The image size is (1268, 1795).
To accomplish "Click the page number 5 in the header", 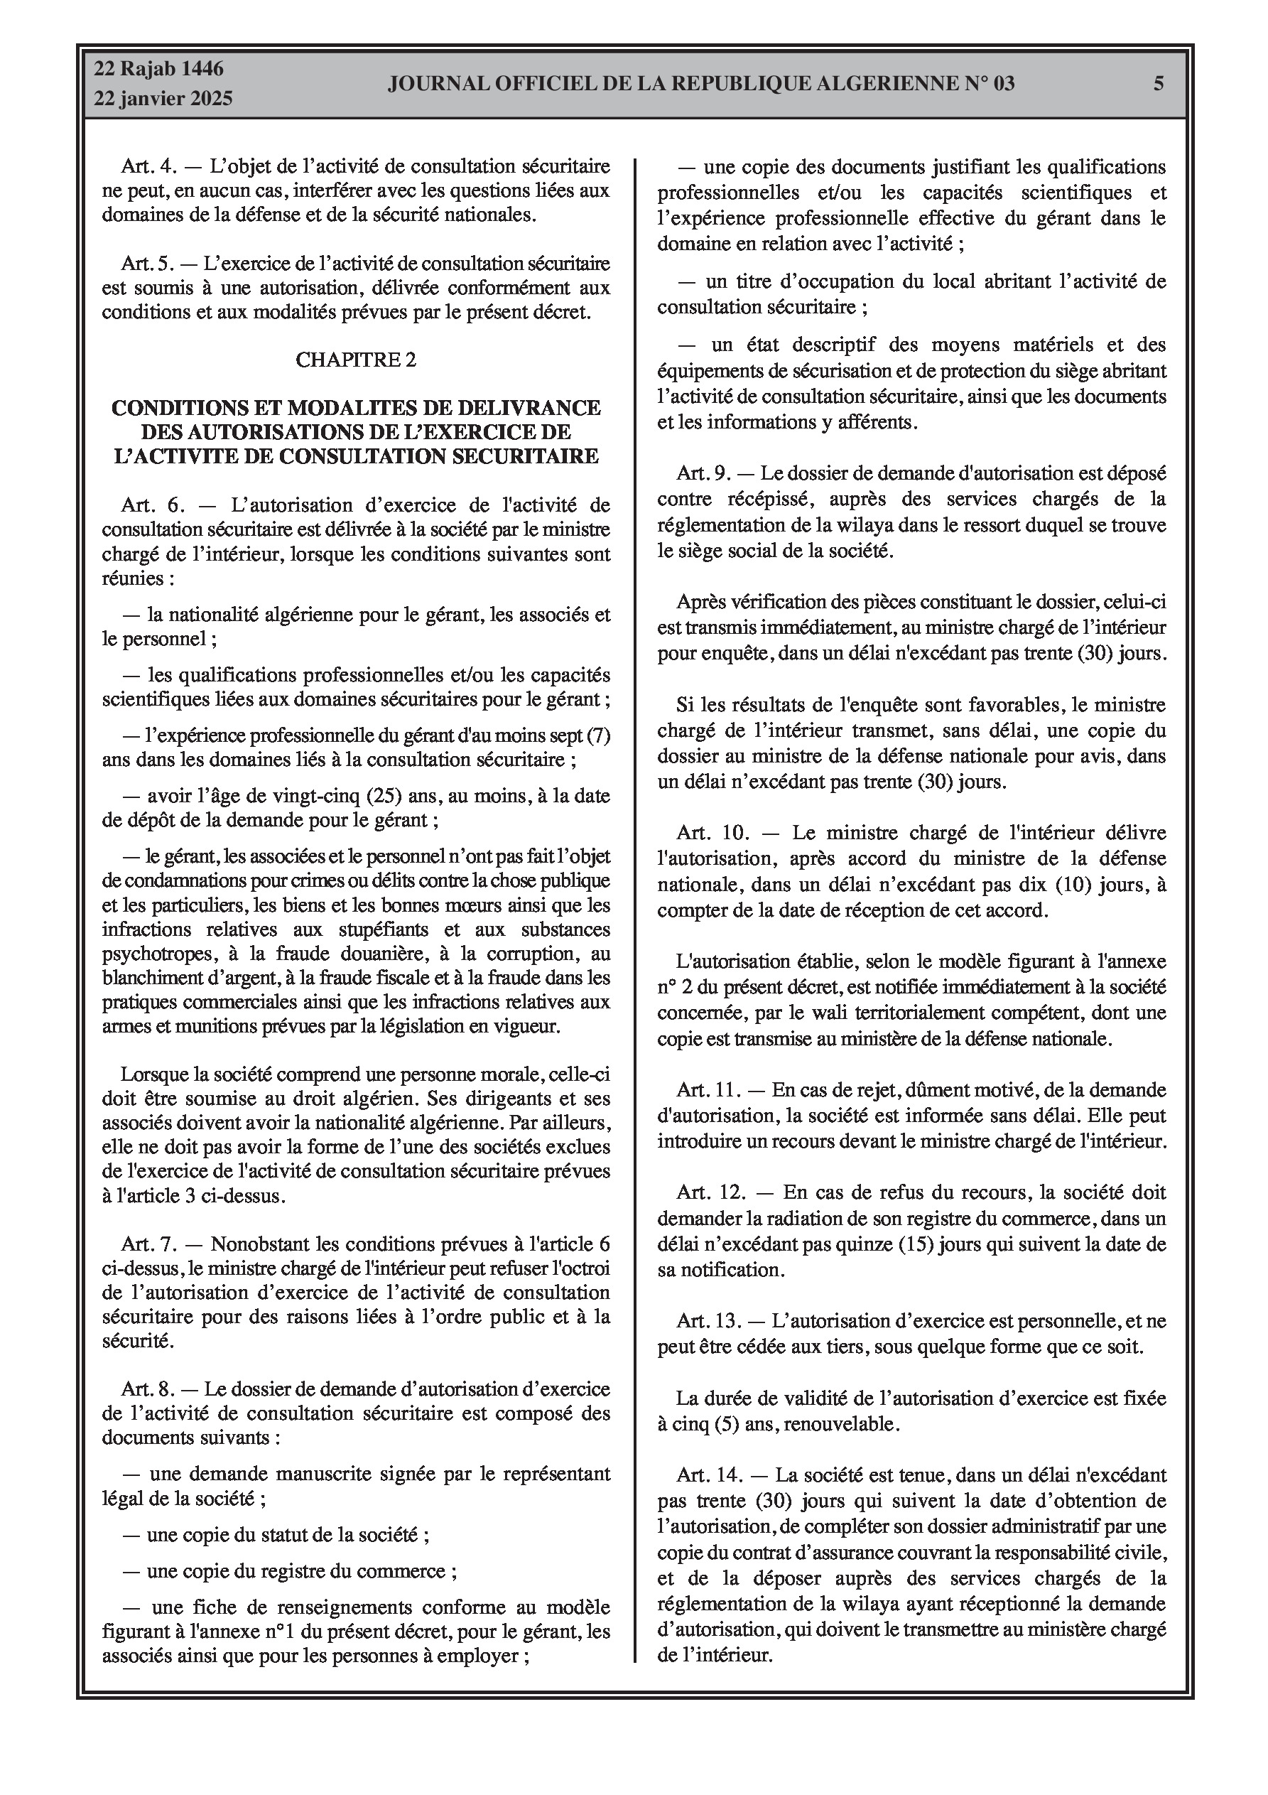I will click(x=1159, y=84).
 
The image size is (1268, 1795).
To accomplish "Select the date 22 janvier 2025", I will click(x=163, y=99).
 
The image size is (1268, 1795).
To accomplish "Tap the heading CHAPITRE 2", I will click(x=356, y=360).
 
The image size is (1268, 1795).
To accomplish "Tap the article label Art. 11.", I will click(x=707, y=1090).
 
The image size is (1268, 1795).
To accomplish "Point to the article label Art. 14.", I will click(x=708, y=1475).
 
